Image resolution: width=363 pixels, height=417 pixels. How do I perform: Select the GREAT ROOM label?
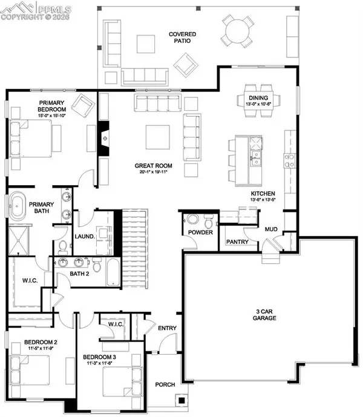(154, 165)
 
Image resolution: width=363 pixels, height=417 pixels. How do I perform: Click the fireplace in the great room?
(105, 138)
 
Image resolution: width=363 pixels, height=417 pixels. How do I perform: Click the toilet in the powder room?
(194, 219)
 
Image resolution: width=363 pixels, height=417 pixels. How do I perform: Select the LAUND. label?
(85, 237)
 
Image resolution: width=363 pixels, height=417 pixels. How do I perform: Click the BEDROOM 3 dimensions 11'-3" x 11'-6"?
(99, 363)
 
